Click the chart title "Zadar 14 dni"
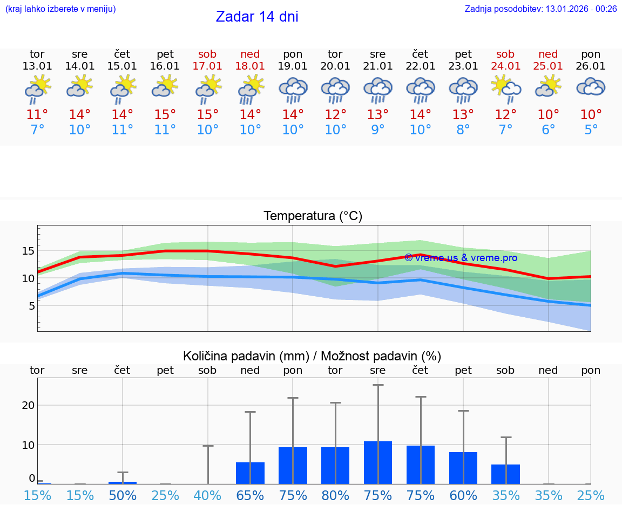(257, 17)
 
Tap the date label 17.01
(207, 66)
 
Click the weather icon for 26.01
(591, 87)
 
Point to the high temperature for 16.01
(165, 115)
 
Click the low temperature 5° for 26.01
(591, 130)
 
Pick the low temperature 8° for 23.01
(463, 130)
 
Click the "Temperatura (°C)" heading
(313, 216)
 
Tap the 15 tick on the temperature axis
(28, 251)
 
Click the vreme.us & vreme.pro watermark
(461, 258)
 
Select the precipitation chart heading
(312, 356)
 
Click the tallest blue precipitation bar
(378, 462)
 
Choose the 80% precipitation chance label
(335, 496)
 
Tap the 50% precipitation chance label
(123, 496)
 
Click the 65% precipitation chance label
(250, 496)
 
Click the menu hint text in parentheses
(60, 9)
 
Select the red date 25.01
(548, 66)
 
